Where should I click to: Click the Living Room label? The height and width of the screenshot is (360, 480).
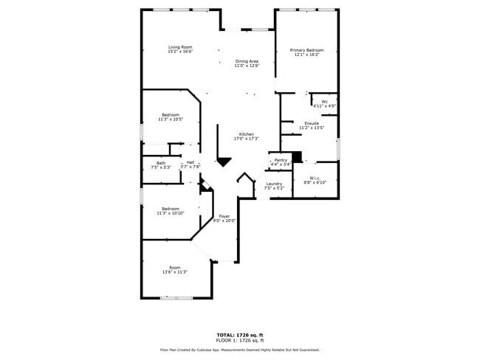pyautogui.click(x=179, y=47)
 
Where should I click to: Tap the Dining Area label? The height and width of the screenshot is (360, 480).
pyautogui.click(x=247, y=61)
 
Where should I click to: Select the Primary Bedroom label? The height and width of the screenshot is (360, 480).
pyautogui.click(x=306, y=50)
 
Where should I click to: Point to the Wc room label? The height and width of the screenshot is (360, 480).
pyautogui.click(x=324, y=102)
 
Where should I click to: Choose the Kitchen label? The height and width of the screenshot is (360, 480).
pyautogui.click(x=246, y=134)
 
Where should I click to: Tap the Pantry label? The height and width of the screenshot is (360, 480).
pyautogui.click(x=281, y=160)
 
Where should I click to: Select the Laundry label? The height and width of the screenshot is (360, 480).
pyautogui.click(x=274, y=184)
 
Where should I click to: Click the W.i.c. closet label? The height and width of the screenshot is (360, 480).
pyautogui.click(x=314, y=178)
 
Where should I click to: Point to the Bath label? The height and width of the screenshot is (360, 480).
pyautogui.click(x=160, y=163)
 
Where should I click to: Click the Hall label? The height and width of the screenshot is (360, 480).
pyautogui.click(x=191, y=163)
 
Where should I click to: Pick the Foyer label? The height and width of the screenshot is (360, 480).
pyautogui.click(x=224, y=216)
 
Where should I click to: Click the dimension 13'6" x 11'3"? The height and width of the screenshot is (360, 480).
pyautogui.click(x=174, y=272)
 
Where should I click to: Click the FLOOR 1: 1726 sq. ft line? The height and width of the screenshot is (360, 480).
pyautogui.click(x=240, y=341)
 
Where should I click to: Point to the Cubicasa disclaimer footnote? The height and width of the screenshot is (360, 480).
pyautogui.click(x=240, y=350)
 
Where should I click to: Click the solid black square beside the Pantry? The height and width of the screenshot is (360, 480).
pyautogui.click(x=298, y=157)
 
